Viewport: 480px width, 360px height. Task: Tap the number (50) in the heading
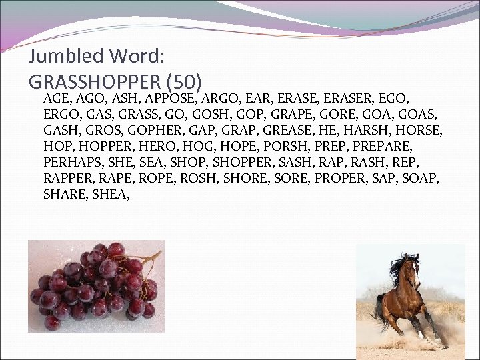coord(184,81)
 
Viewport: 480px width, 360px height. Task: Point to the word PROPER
coord(352,178)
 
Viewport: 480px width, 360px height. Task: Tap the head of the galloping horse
coord(413,263)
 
